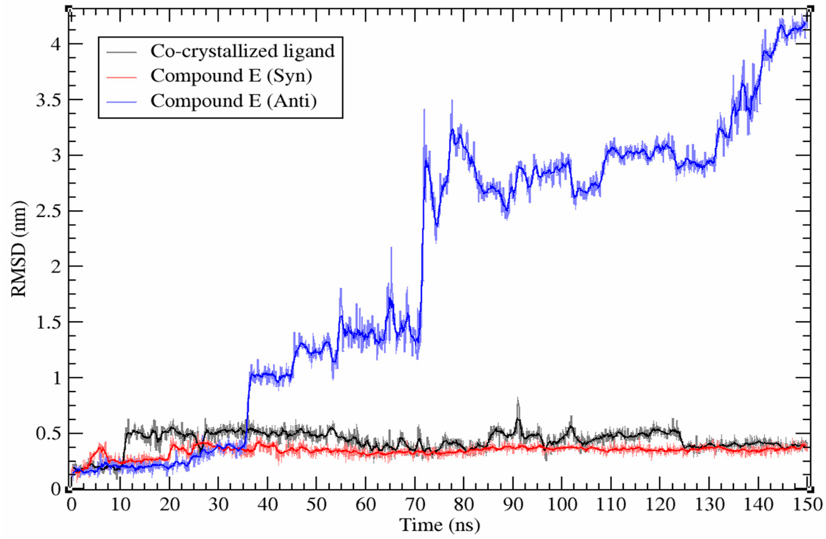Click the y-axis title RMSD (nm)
click(19, 249)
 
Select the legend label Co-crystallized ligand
click(242, 51)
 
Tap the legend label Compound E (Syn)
click(231, 76)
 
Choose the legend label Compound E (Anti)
click(233, 101)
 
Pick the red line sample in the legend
click(121, 77)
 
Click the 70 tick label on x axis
click(415, 505)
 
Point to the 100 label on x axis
click(562, 505)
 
